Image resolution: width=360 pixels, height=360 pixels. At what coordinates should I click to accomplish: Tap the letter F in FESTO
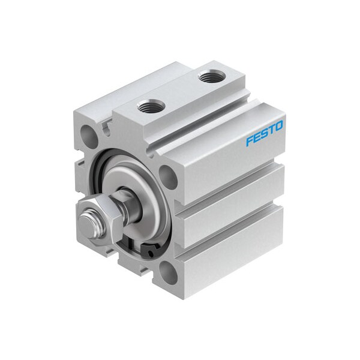click(x=249, y=142)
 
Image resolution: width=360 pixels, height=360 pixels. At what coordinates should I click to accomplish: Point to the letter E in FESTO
click(x=256, y=137)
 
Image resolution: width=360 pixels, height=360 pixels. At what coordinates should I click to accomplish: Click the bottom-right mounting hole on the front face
click(x=170, y=274)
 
